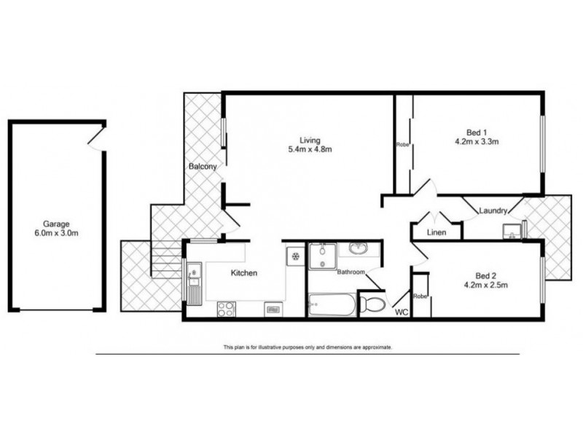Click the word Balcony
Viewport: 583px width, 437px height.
[x=203, y=167]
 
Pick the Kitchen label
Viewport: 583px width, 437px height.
[x=243, y=273]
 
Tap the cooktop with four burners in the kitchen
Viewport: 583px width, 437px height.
[x=226, y=309]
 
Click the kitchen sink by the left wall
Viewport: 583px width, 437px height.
[x=194, y=275]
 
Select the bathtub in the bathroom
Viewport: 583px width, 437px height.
[x=332, y=305]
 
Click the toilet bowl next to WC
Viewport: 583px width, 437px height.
[x=373, y=303]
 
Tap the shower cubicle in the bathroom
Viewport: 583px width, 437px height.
[x=320, y=256]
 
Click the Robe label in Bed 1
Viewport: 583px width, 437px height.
[x=402, y=144]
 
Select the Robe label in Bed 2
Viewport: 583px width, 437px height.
[x=420, y=296]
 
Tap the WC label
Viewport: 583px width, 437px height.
[x=402, y=312]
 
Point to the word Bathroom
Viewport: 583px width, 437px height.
[x=351, y=272]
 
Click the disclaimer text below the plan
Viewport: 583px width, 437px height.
[x=308, y=347]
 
